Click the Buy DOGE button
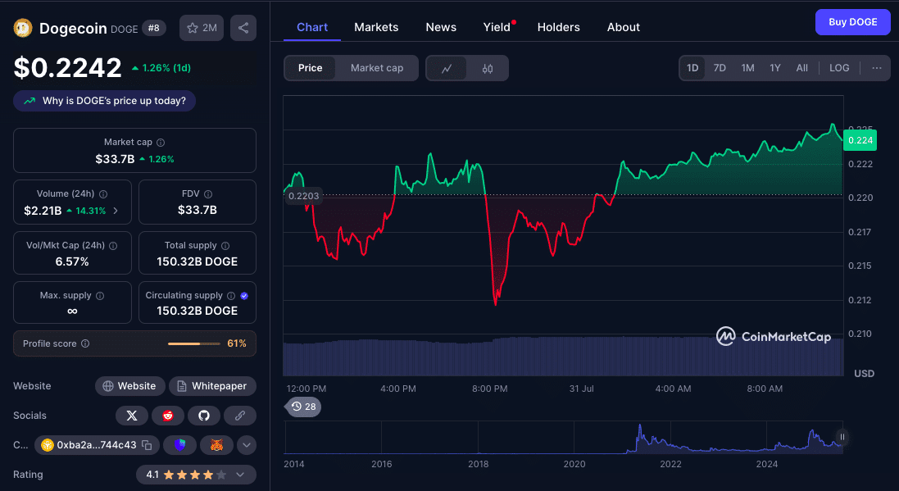point(852,22)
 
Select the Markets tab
point(376,27)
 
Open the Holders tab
point(558,27)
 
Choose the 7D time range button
point(720,68)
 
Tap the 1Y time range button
point(774,68)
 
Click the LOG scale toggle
point(839,68)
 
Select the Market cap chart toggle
point(377,68)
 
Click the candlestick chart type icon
point(488,69)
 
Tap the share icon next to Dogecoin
point(243,28)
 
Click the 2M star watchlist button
point(202,28)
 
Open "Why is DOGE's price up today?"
point(105,101)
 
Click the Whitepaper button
point(213,386)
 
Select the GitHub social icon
point(204,416)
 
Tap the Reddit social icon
point(168,416)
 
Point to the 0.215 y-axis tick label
point(860,266)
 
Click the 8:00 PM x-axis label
point(490,389)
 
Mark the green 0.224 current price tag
point(860,141)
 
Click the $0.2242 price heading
point(68,67)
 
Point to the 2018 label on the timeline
point(478,464)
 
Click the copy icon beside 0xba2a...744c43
point(147,445)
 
